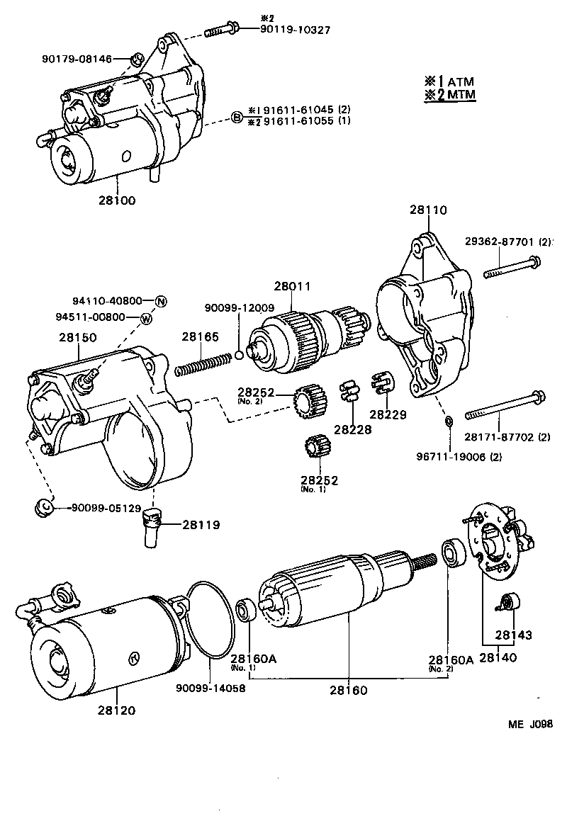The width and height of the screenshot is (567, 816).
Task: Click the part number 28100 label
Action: tap(118, 200)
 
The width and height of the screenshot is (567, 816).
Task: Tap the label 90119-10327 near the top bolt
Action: tap(286, 29)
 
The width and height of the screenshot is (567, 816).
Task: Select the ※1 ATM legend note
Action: tap(449, 81)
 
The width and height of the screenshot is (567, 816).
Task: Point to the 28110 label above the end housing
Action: tap(427, 210)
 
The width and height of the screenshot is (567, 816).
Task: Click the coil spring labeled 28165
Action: tap(205, 363)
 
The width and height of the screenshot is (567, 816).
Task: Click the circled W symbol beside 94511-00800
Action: tap(145, 318)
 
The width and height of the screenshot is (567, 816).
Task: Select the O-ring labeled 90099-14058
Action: tap(210, 623)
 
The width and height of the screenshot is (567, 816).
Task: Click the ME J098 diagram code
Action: tap(529, 724)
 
